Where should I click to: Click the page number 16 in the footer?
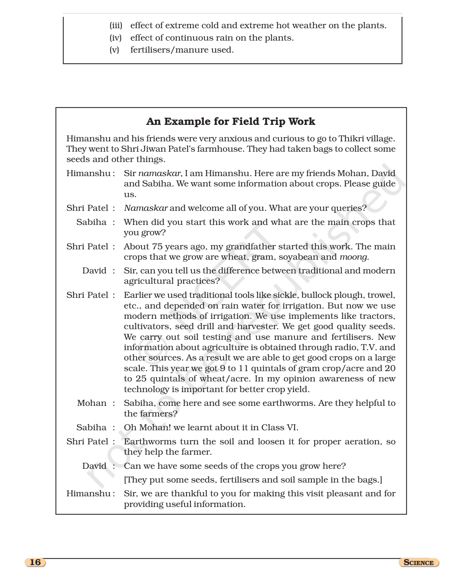point(35,562)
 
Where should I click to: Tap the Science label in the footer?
point(419,563)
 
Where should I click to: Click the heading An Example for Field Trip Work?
point(230,121)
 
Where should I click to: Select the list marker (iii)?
point(116,25)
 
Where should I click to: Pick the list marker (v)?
point(114,50)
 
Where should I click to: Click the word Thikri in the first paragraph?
point(351,139)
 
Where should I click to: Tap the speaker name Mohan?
point(92,403)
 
